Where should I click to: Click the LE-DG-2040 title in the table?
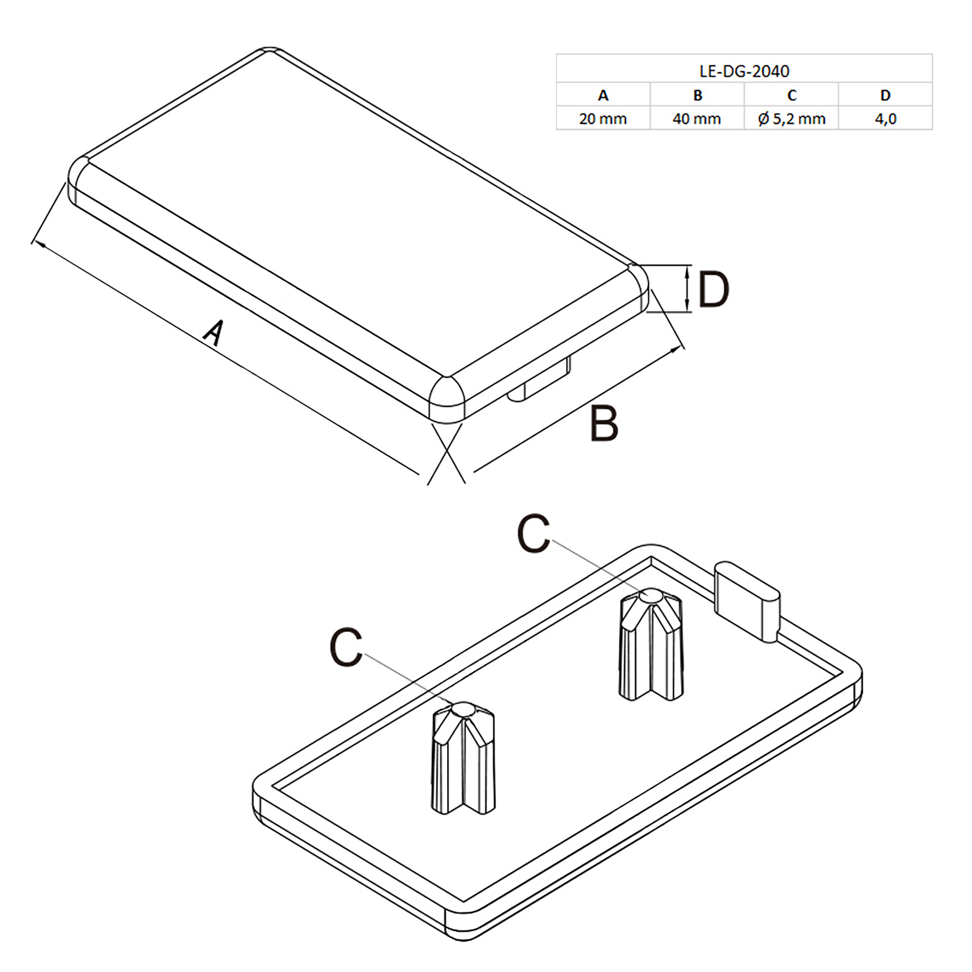[744, 71]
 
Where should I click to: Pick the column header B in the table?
[697, 95]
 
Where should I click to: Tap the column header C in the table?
[791, 95]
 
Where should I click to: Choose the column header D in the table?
[885, 95]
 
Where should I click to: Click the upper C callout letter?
[533, 534]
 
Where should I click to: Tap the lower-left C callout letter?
[346, 647]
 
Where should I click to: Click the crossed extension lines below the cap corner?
[446, 453]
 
